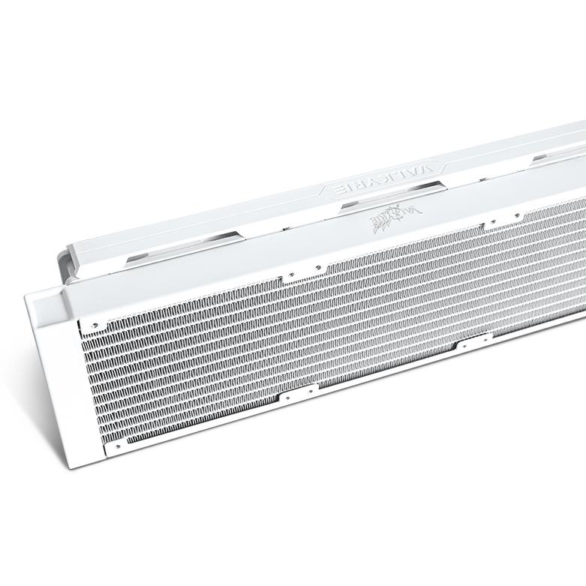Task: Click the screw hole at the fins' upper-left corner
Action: tap(95, 326)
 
